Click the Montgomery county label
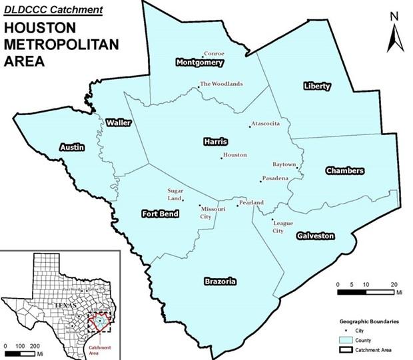(x=199, y=63)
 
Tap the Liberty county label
(x=316, y=87)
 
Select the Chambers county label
(x=344, y=171)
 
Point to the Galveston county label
(x=315, y=236)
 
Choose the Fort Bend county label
(x=160, y=214)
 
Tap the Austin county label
(x=72, y=147)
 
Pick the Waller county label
(x=118, y=122)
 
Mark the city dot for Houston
(x=222, y=158)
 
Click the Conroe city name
(x=214, y=53)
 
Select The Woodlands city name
(x=222, y=84)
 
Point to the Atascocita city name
(x=266, y=124)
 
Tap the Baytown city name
(x=284, y=164)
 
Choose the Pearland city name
(x=252, y=202)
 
